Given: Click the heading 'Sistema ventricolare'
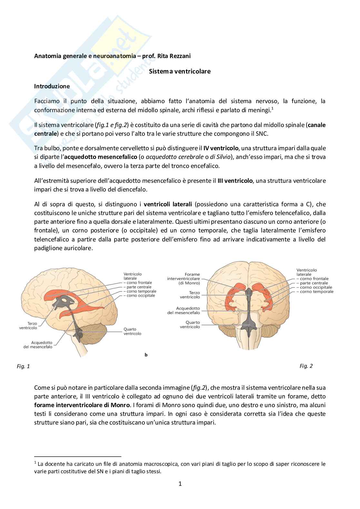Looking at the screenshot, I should pyautogui.click(x=180, y=71).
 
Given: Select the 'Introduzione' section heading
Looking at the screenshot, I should pyautogui.click(x=52, y=86).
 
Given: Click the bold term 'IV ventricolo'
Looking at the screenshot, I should pyautogui.click(x=221, y=148).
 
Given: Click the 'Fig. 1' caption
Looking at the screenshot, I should pyautogui.click(x=23, y=367).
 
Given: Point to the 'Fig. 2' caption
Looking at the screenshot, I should pyautogui.click(x=306, y=366).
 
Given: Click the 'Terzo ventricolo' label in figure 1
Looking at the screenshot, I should pyautogui.click(x=28, y=326).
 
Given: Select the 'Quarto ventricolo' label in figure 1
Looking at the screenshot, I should pyautogui.click(x=132, y=331).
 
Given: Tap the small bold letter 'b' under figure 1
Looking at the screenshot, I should pyautogui.click(x=146, y=355).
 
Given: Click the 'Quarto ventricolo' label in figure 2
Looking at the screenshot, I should pyautogui.click(x=190, y=325).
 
